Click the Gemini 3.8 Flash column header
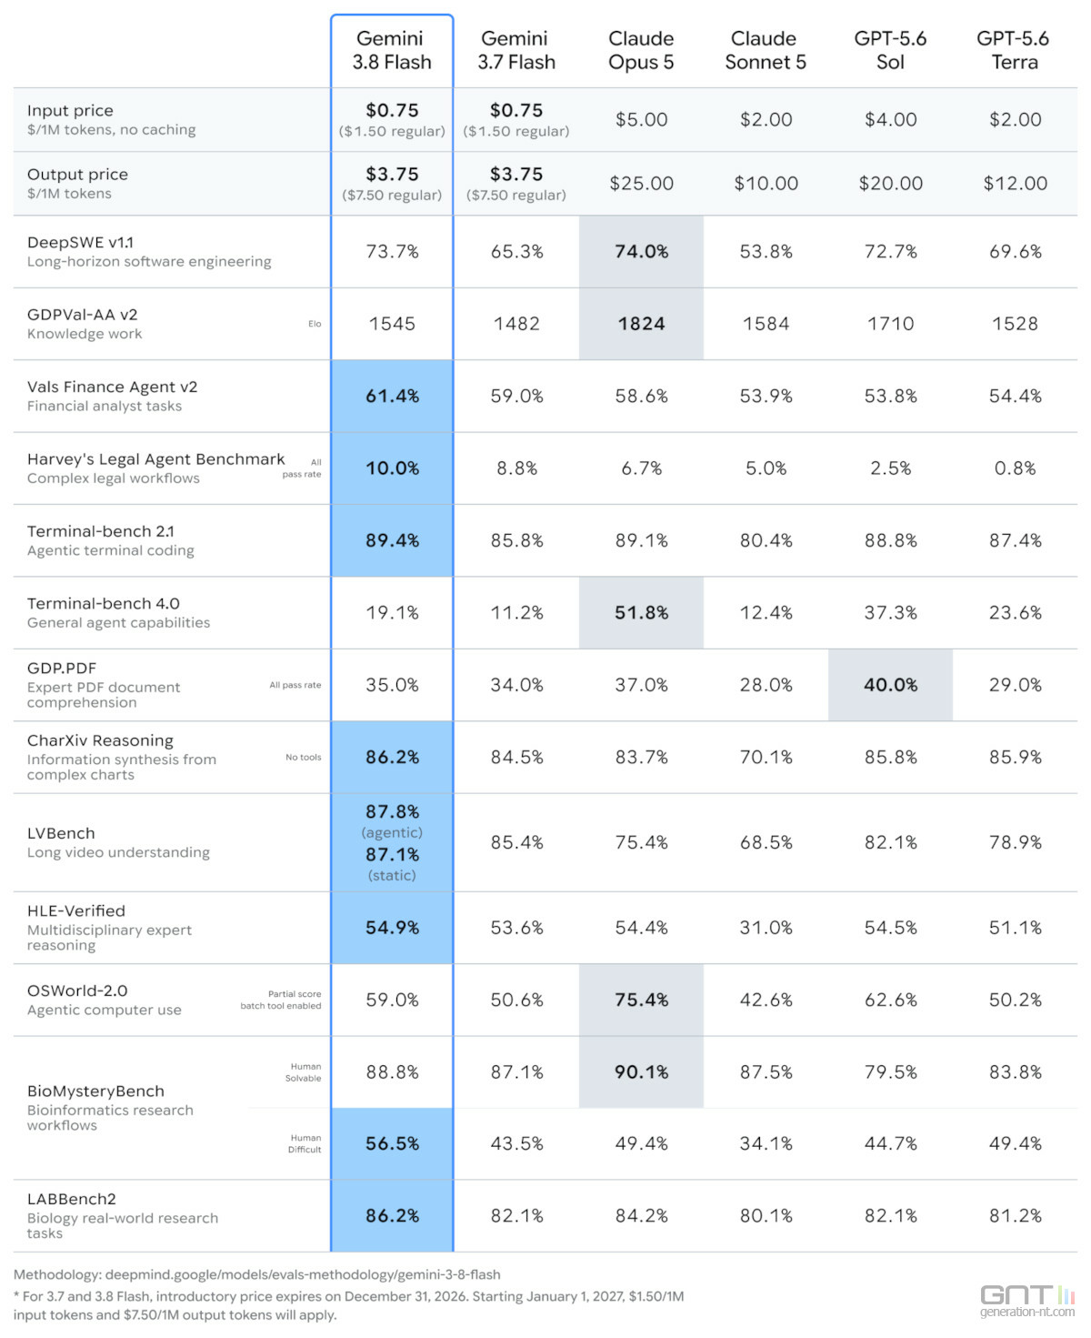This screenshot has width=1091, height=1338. pyautogui.click(x=391, y=50)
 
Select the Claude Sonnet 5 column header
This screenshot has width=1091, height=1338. pyautogui.click(x=765, y=50)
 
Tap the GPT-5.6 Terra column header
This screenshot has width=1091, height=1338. pyautogui.click(x=1015, y=50)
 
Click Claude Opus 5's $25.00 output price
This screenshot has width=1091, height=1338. pyautogui.click(x=641, y=184)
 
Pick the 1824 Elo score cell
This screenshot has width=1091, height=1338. pyautogui.click(x=641, y=324)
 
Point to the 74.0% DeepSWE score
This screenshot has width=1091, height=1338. pyautogui.click(x=641, y=251)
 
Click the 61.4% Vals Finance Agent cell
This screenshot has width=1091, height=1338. pyautogui.click(x=392, y=396)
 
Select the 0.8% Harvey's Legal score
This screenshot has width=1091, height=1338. pyautogui.click(x=1015, y=468)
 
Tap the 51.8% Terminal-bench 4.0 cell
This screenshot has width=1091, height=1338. pyautogui.click(x=641, y=613)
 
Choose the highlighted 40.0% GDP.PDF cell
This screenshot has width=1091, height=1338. pyautogui.click(x=891, y=685)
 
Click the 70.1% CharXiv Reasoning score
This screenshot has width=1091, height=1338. pyautogui.click(x=766, y=757)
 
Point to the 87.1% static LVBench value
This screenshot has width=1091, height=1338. pyautogui.click(x=392, y=855)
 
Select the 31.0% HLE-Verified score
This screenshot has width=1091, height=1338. pyautogui.click(x=766, y=928)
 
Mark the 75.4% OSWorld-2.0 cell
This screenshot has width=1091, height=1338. pyautogui.click(x=641, y=1000)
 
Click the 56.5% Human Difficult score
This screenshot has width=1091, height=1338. pyautogui.click(x=392, y=1143)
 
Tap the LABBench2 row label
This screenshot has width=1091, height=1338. pyautogui.click(x=72, y=1199)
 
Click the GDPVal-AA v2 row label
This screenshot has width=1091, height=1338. pyautogui.click(x=83, y=315)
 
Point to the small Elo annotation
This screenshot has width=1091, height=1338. pyautogui.click(x=315, y=324)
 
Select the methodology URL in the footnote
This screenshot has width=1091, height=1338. pyautogui.click(x=303, y=1274)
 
